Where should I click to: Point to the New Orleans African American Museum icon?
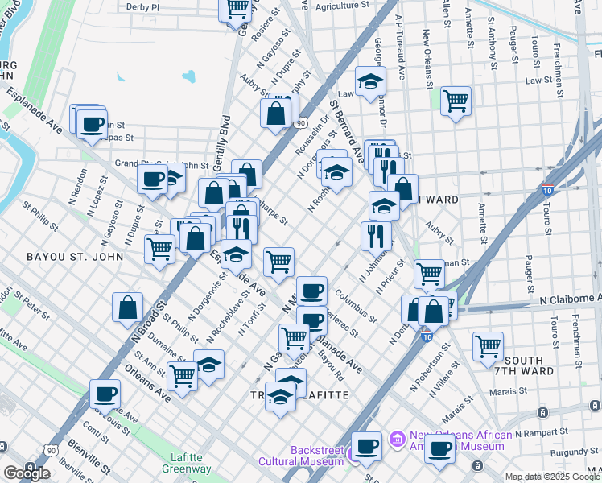397,440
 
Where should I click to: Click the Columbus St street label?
356,305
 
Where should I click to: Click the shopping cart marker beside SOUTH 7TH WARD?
488,346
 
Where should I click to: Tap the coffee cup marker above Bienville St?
105,394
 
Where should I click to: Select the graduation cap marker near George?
370,81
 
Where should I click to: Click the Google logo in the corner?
27,473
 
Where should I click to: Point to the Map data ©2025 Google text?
551,477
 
